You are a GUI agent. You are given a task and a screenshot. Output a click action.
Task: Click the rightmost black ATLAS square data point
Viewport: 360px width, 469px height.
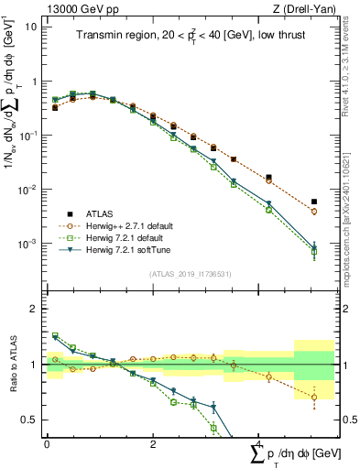coord(314,202)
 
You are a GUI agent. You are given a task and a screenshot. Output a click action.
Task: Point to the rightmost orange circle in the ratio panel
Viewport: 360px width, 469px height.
coord(314,398)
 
